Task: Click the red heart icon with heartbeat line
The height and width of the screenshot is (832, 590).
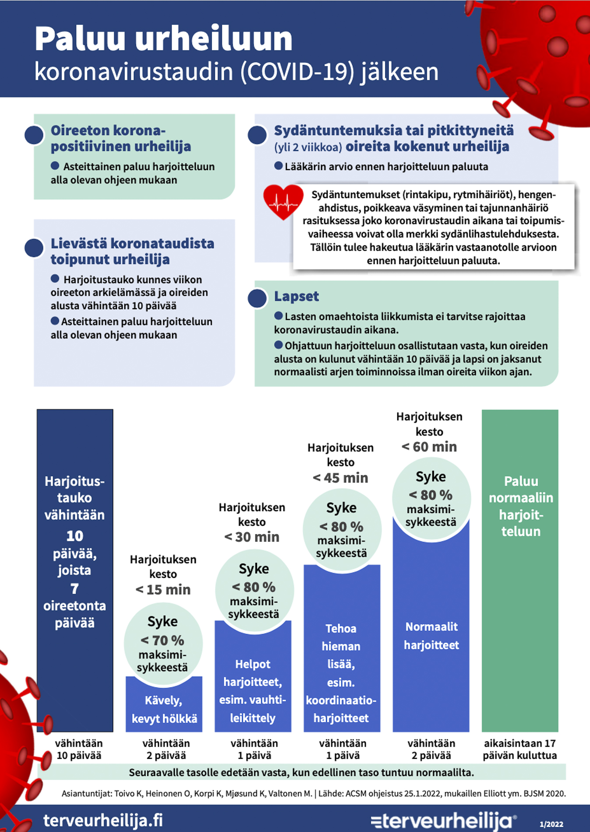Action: tap(283, 201)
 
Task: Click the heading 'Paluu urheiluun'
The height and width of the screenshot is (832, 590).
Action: tap(163, 39)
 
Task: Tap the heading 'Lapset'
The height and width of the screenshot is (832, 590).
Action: tap(297, 296)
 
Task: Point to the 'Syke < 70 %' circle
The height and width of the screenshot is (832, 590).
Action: tap(163, 643)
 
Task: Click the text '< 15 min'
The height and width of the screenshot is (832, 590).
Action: tap(163, 590)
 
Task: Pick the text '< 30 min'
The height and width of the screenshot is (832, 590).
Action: tap(252, 537)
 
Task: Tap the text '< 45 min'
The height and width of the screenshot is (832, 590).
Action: tap(340, 478)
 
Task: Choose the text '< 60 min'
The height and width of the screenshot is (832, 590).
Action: tap(429, 447)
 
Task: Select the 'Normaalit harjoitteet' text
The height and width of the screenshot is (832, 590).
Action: tap(431, 636)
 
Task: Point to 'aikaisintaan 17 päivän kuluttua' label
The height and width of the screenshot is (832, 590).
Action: tap(520, 749)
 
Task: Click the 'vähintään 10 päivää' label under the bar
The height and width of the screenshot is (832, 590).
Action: tap(79, 749)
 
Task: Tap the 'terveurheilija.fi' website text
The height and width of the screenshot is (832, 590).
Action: tap(103, 820)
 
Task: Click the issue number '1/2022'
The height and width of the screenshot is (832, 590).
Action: tap(551, 824)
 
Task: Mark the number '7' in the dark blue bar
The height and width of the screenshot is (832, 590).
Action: tap(75, 589)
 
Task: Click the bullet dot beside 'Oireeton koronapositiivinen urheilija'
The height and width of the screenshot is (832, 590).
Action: tap(34, 135)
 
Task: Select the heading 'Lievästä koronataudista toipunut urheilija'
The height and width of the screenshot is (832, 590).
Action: tap(132, 251)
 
